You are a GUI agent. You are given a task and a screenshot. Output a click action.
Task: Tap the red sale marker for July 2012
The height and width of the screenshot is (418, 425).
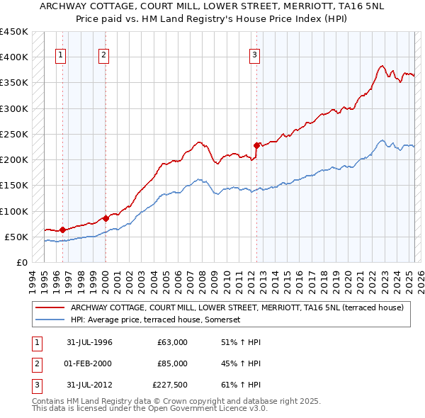256,146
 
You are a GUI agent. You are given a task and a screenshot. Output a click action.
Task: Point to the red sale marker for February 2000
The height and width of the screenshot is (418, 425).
106,218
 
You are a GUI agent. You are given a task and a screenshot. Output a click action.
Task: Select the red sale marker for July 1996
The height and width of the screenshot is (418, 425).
62,230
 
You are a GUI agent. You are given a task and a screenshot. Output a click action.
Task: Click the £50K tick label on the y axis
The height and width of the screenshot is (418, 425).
16,237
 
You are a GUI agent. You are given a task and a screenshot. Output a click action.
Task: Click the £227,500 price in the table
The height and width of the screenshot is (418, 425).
170,385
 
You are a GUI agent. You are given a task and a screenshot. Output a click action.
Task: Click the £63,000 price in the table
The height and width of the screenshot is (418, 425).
173,342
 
